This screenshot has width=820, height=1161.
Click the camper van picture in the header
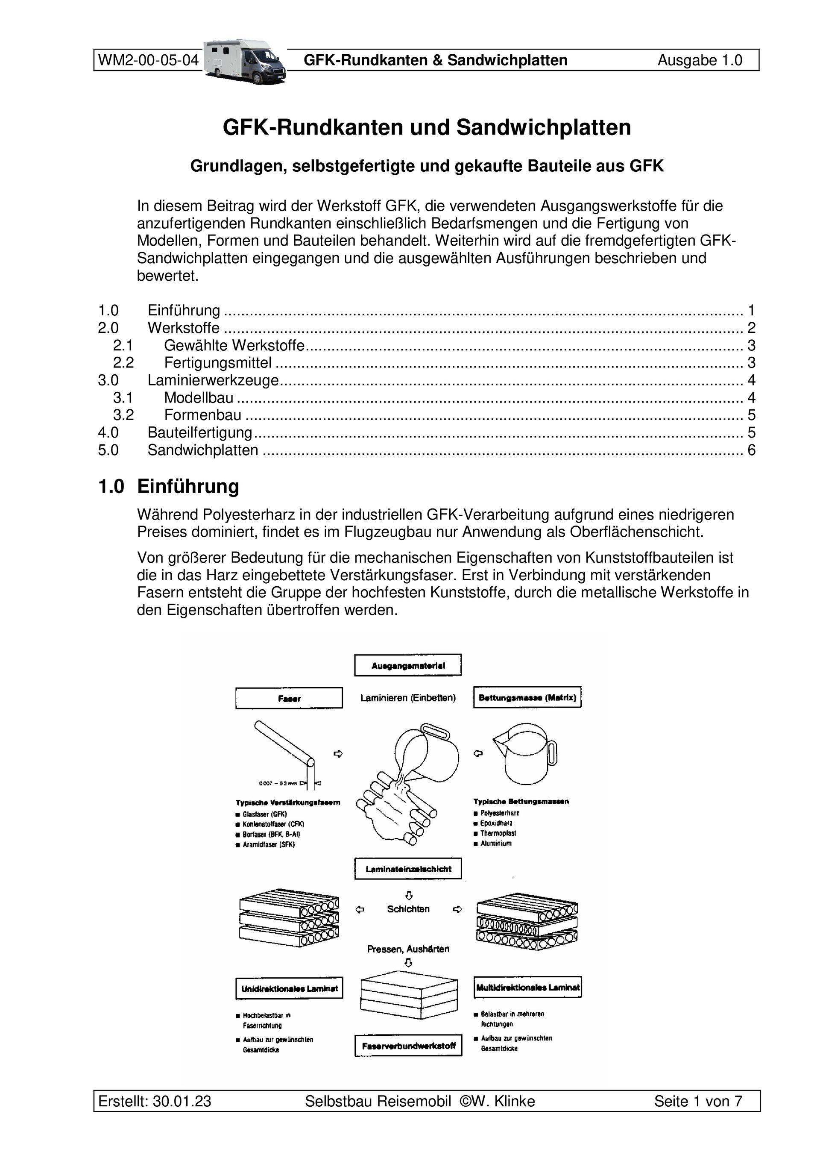coord(245,61)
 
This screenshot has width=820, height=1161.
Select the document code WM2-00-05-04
coord(148,61)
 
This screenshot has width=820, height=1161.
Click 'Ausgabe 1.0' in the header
coord(700,61)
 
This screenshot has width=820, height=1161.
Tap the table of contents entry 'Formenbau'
coord(202,415)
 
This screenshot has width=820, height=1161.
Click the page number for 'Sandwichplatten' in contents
coord(751,450)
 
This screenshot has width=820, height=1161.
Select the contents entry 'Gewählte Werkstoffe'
coord(234,345)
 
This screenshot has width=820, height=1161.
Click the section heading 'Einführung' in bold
coord(188,486)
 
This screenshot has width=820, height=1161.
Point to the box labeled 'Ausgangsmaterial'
coord(408,665)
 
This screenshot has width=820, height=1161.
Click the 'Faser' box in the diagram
coord(289,698)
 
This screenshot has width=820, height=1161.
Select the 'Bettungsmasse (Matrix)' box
coord(527,697)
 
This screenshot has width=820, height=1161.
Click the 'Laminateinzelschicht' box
coord(408,869)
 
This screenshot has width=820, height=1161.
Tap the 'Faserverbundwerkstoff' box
coord(408,1045)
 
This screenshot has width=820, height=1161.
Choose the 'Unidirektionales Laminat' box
coord(289,988)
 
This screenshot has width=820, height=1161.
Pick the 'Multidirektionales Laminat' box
coord(528,987)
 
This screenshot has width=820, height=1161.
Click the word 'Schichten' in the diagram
coord(408,909)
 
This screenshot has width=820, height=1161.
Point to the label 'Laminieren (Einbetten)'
coord(408,698)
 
